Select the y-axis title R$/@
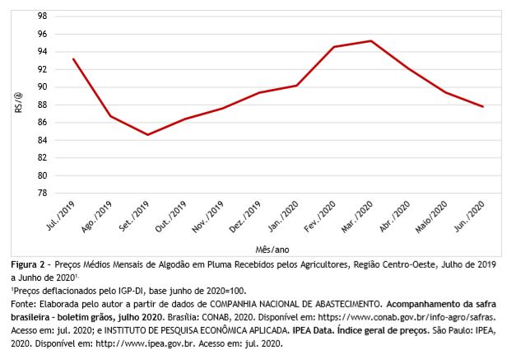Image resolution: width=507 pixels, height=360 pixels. [18, 105]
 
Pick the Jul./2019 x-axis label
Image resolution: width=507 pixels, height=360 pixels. [62, 216]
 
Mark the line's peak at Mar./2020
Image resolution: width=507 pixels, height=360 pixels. [371, 41]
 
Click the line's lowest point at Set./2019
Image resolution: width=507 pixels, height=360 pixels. [148, 134]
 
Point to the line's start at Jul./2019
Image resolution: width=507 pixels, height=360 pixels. [74, 58]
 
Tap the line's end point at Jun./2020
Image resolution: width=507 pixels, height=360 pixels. [483, 106]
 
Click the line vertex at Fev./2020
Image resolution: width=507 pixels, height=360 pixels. [334, 47]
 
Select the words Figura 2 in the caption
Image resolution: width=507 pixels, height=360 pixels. [30, 265]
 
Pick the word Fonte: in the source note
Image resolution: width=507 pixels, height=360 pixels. [26, 305]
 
